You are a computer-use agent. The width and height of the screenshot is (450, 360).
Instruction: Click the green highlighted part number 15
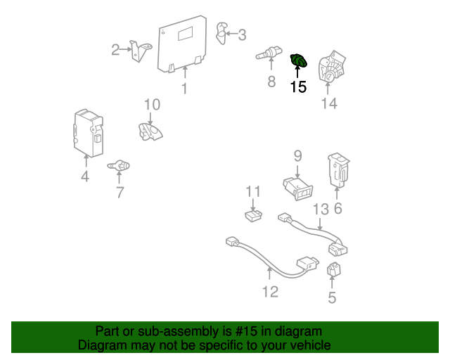coord(299,60)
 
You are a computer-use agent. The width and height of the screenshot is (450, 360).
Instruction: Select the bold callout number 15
coord(298,86)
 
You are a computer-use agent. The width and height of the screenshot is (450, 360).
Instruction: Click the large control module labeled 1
coord(182,44)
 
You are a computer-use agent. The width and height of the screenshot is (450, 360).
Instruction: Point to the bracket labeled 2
coord(141,51)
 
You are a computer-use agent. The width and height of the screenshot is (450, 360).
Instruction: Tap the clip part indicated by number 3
coord(221,33)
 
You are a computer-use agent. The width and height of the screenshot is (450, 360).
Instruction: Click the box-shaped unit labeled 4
coord(89,133)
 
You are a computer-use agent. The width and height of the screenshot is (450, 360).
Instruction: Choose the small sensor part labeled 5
coord(333,269)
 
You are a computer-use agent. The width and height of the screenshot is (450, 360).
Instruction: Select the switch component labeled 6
coord(338,170)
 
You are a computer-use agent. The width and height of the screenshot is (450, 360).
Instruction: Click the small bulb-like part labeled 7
coord(119,166)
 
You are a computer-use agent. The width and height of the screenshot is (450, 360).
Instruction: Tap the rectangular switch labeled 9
coord(298,188)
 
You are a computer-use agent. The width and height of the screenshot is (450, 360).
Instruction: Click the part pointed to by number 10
coord(150,131)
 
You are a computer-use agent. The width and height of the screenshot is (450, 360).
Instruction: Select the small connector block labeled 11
coord(253,216)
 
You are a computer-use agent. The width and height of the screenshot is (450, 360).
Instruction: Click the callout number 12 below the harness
coord(270,292)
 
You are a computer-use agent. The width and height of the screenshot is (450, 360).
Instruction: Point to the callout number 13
coord(321,210)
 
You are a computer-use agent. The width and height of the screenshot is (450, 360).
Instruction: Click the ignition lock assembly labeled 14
coord(332,67)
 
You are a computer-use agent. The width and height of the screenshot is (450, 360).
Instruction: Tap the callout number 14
coord(329,103)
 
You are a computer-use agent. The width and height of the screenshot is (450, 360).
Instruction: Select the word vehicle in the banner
coord(313,345)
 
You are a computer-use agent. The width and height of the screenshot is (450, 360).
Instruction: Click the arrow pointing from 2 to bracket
coord(126,49)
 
